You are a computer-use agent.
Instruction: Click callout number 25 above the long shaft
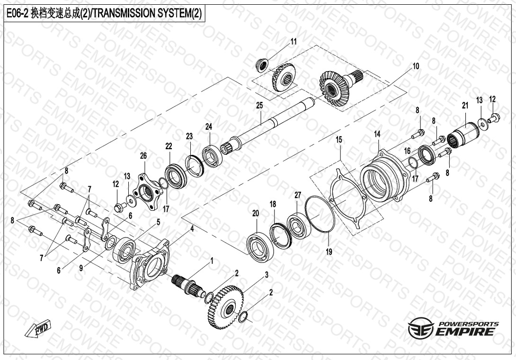click(259, 106)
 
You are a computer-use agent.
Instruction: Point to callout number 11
click(293, 42)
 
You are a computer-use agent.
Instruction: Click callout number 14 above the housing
click(377, 134)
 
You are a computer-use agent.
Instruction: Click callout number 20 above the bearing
click(256, 214)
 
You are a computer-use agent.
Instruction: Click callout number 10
click(416, 66)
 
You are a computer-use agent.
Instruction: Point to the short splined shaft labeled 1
click(186, 285)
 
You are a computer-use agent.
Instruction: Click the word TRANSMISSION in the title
click(122, 13)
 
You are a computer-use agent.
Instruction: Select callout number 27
click(298, 195)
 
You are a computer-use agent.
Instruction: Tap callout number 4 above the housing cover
click(193, 229)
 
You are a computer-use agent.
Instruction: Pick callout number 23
click(189, 136)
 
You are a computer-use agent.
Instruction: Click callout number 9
click(81, 268)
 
